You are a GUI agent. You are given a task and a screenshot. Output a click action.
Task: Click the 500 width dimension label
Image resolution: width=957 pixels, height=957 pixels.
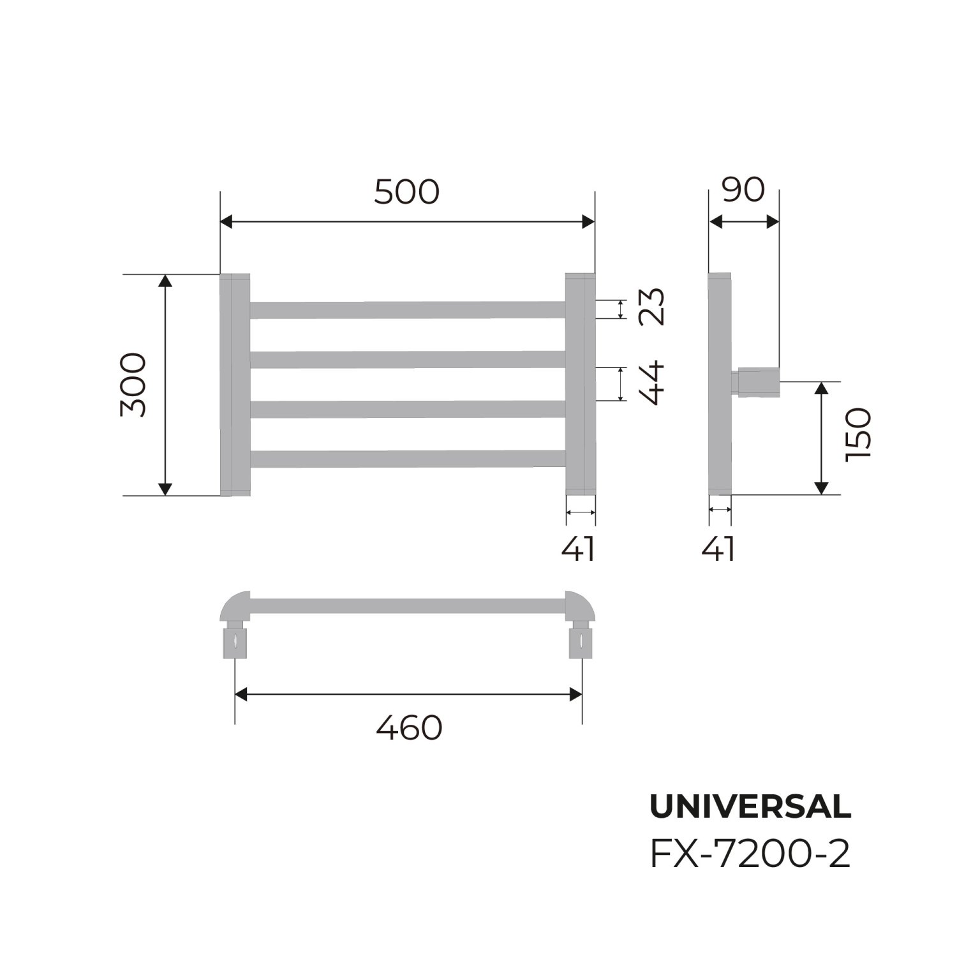[407, 191]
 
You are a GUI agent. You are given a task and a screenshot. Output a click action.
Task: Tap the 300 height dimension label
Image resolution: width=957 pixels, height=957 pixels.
[133, 385]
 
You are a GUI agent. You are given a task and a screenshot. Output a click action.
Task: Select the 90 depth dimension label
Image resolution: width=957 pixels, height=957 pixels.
[744, 189]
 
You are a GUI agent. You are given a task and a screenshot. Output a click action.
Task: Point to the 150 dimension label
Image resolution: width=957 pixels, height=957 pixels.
[857, 435]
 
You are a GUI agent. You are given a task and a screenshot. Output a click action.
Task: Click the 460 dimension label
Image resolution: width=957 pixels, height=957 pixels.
[409, 727]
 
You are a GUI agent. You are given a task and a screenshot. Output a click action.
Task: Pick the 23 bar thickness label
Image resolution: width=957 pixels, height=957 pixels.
[651, 308]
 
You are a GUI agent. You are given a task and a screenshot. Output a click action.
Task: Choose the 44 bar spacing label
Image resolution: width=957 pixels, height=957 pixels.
[651, 384]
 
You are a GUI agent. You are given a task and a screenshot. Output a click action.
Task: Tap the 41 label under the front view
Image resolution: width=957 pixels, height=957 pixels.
[579, 549]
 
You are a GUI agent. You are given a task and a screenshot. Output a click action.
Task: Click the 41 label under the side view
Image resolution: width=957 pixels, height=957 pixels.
[719, 549]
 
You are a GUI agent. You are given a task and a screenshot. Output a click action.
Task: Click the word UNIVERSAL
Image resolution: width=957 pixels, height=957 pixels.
[750, 807]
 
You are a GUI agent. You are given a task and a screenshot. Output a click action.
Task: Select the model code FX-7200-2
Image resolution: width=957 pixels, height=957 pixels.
[750, 855]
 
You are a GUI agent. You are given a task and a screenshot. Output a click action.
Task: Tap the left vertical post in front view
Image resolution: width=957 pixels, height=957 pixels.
[235, 385]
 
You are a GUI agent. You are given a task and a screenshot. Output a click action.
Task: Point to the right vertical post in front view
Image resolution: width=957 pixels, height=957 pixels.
[580, 385]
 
